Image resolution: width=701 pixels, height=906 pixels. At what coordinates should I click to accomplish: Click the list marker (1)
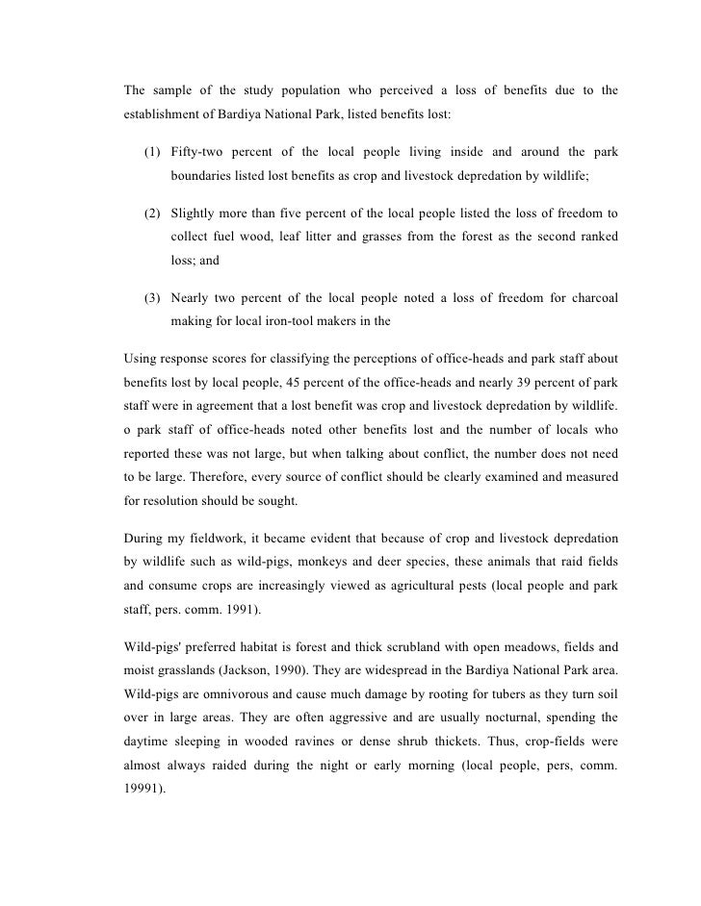[x=153, y=153]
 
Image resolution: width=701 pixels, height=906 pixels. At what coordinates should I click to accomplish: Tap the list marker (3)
[x=153, y=297]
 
